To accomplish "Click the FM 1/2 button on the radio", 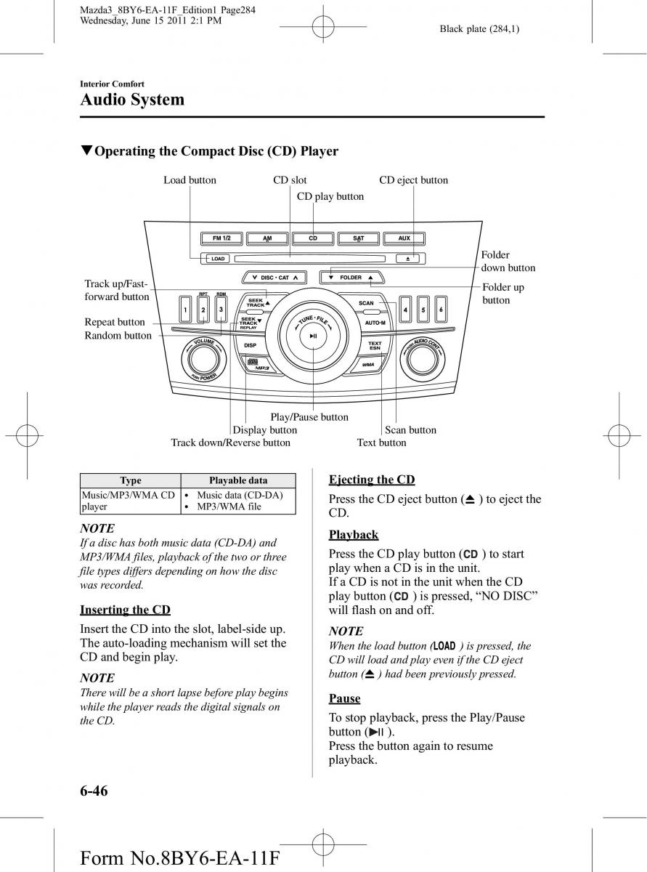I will tap(221, 238).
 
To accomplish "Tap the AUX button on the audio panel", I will tap(404, 238).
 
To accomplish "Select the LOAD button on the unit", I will tap(218, 258).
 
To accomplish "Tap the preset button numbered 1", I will tap(186, 311).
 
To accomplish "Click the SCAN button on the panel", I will tap(366, 303).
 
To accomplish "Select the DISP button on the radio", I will tap(250, 346).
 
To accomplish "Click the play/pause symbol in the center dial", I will tap(312, 336).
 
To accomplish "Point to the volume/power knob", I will tap(199, 359).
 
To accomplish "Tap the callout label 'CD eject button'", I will tap(413, 180).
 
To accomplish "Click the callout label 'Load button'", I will tap(190, 180).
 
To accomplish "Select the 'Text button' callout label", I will tap(381, 443).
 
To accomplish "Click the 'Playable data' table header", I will tap(238, 480).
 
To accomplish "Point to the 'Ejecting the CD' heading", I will tap(372, 480).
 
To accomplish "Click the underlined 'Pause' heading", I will tap(344, 698).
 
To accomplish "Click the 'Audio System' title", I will tap(132, 100).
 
